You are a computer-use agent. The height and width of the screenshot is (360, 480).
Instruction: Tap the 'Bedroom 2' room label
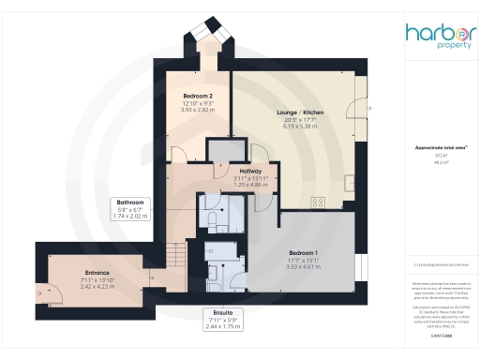tap(197, 95)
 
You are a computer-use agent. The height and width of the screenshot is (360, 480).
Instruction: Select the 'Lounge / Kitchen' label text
tap(300, 112)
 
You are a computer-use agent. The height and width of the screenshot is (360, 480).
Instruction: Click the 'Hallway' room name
tap(224, 171)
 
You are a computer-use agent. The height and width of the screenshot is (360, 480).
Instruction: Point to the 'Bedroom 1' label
tap(304, 253)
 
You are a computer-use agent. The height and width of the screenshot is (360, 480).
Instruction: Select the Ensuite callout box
tap(222, 318)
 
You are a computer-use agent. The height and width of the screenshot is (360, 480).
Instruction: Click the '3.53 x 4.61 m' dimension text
tap(303, 267)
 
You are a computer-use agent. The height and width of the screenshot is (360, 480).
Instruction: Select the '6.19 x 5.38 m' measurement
tap(300, 127)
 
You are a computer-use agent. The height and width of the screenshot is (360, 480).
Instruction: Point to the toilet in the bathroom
tap(213, 219)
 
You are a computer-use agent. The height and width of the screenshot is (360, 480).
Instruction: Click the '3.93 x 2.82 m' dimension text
tap(197, 109)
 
